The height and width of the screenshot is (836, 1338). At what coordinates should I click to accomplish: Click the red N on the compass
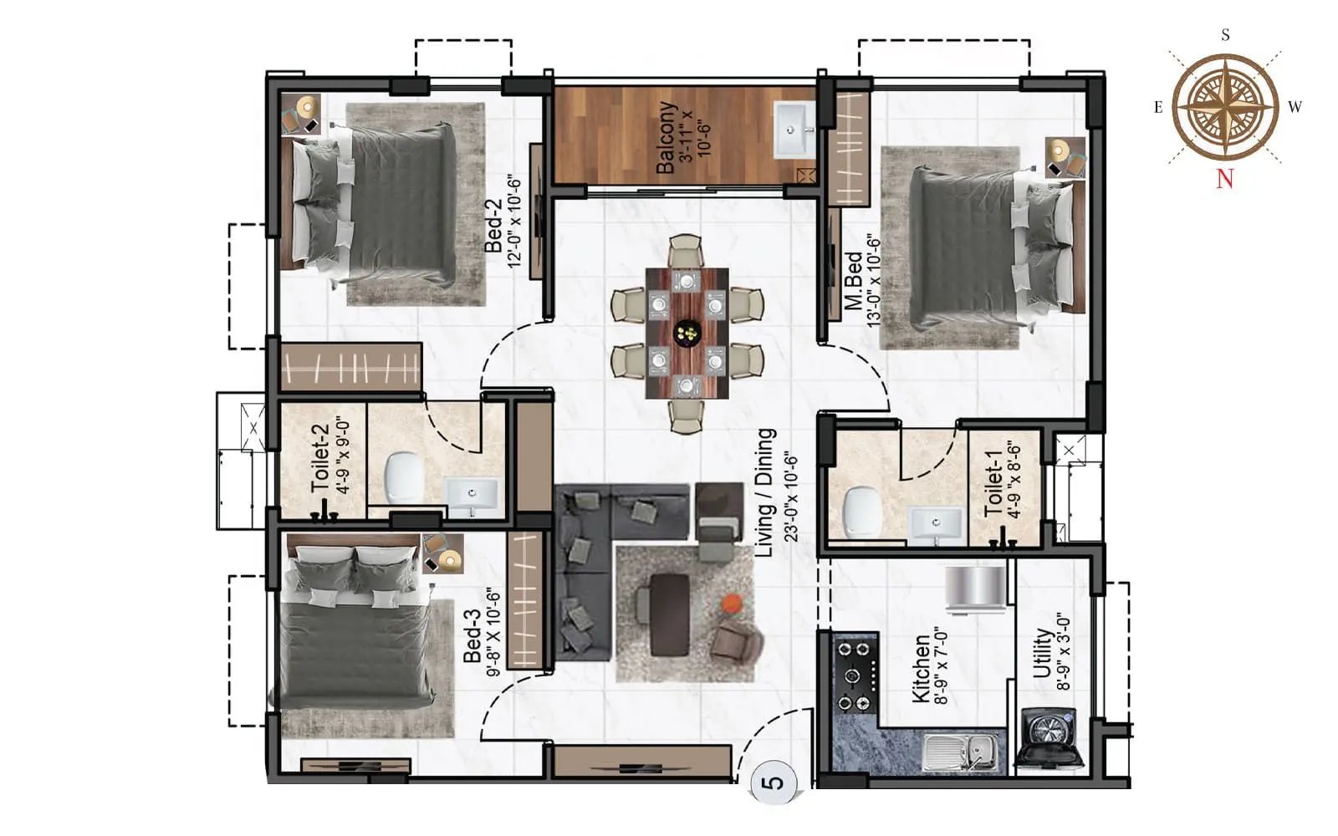click(x=1224, y=178)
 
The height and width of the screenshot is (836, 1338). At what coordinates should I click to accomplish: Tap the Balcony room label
click(x=666, y=137)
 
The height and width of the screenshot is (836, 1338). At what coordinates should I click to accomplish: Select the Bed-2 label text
click(x=494, y=225)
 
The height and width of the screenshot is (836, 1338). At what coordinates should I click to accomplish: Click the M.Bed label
click(x=854, y=281)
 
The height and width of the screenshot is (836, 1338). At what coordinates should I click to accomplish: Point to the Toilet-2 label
click(x=319, y=458)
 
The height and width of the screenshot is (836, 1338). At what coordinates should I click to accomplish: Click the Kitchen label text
click(x=920, y=669)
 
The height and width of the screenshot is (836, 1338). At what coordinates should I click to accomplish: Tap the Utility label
click(x=1042, y=653)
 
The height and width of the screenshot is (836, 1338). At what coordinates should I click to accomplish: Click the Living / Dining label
click(x=765, y=493)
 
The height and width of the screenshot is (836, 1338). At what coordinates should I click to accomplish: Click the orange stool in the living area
click(x=732, y=604)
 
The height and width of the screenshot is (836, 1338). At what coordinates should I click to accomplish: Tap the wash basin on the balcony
click(x=794, y=130)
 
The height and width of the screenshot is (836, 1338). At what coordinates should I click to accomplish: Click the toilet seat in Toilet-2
click(x=405, y=477)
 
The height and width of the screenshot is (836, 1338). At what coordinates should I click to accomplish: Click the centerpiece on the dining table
click(x=687, y=334)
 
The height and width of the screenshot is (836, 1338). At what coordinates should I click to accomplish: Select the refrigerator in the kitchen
click(x=975, y=588)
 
